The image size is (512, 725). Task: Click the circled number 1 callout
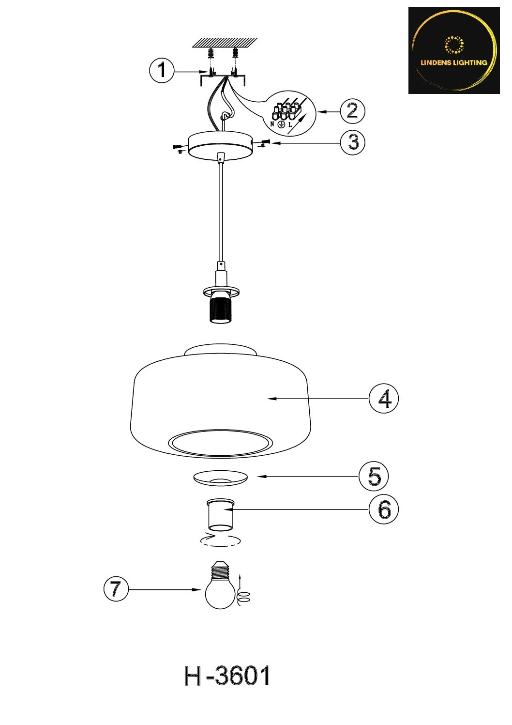[x=162, y=70]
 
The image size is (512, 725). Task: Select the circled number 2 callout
[x=352, y=111]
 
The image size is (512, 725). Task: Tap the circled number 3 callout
[x=353, y=142]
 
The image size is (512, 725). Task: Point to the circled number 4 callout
[x=384, y=399]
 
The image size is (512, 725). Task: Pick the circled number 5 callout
[x=374, y=476]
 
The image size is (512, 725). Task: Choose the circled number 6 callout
[x=384, y=509]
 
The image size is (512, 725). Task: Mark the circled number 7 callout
[x=116, y=589]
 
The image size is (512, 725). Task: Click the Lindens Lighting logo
[x=454, y=50]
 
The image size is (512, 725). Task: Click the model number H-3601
[x=227, y=676]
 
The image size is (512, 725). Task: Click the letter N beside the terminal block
[x=272, y=124]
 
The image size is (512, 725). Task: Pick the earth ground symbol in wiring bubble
[x=282, y=124]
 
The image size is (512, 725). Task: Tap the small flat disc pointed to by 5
[x=221, y=478]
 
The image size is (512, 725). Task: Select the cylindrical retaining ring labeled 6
[x=220, y=515]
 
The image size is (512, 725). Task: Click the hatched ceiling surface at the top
[x=225, y=43]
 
